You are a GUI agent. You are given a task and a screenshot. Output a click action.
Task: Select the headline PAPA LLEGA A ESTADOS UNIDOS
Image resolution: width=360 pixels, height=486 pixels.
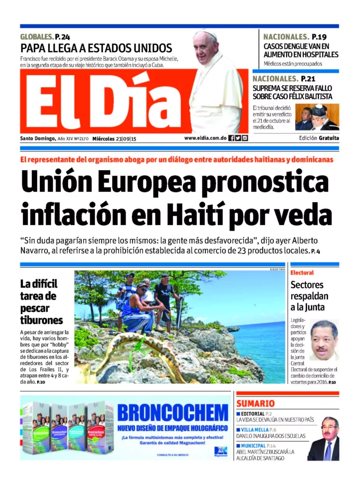pyautogui.click(x=96, y=48)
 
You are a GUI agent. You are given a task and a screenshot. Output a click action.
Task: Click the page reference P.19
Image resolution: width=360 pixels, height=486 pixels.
pyautogui.click(x=319, y=37)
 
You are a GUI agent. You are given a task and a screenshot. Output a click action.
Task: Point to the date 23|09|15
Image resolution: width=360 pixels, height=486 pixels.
pyautogui.click(x=126, y=139)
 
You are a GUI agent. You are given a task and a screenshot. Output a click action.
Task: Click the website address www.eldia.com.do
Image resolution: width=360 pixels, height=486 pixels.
pyautogui.click(x=205, y=138)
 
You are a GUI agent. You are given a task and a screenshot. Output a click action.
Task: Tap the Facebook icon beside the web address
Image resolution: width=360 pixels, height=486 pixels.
pyautogui.click(x=231, y=138)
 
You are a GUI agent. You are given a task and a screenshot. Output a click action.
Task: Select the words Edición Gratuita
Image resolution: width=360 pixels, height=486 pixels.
pyautogui.click(x=319, y=138)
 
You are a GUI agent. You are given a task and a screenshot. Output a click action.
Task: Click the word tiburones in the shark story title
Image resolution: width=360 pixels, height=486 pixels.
pyautogui.click(x=41, y=320)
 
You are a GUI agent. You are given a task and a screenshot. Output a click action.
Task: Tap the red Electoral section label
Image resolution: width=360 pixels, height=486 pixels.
pyautogui.click(x=302, y=273)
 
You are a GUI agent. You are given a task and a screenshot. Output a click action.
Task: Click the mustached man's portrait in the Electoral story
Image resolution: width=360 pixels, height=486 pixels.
pyautogui.click(x=324, y=340)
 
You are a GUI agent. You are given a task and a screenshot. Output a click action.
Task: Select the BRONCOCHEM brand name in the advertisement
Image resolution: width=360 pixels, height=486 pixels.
pyautogui.click(x=172, y=412)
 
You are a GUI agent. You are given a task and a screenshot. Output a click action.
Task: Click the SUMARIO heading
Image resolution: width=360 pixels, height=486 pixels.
pyautogui.click(x=256, y=403)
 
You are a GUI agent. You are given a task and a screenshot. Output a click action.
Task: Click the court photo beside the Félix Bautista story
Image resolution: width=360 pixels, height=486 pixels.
pyautogui.click(x=317, y=117)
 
